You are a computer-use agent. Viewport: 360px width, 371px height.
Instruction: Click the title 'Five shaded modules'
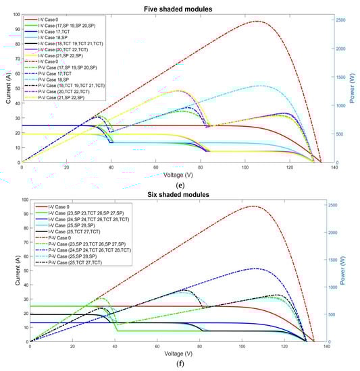pos(180,6)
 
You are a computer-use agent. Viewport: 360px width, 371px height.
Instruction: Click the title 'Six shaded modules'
pos(180,194)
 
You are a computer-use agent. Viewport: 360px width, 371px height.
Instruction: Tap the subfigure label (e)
pos(180,183)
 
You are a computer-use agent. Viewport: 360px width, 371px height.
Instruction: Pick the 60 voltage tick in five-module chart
pos(155,167)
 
